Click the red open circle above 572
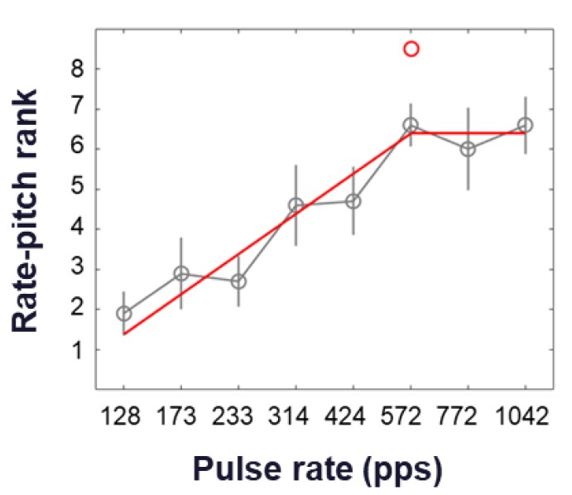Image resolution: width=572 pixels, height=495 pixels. (x=411, y=49)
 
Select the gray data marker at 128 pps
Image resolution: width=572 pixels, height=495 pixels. (x=124, y=314)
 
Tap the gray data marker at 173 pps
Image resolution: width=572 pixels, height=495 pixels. (x=181, y=273)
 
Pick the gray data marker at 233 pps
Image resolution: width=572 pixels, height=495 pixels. (x=238, y=281)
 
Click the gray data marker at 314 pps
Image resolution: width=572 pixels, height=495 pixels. (x=296, y=204)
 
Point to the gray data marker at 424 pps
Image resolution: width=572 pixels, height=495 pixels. (x=353, y=201)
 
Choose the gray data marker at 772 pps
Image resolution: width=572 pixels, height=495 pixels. (x=468, y=149)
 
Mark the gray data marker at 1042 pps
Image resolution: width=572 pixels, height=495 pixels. (x=525, y=125)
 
